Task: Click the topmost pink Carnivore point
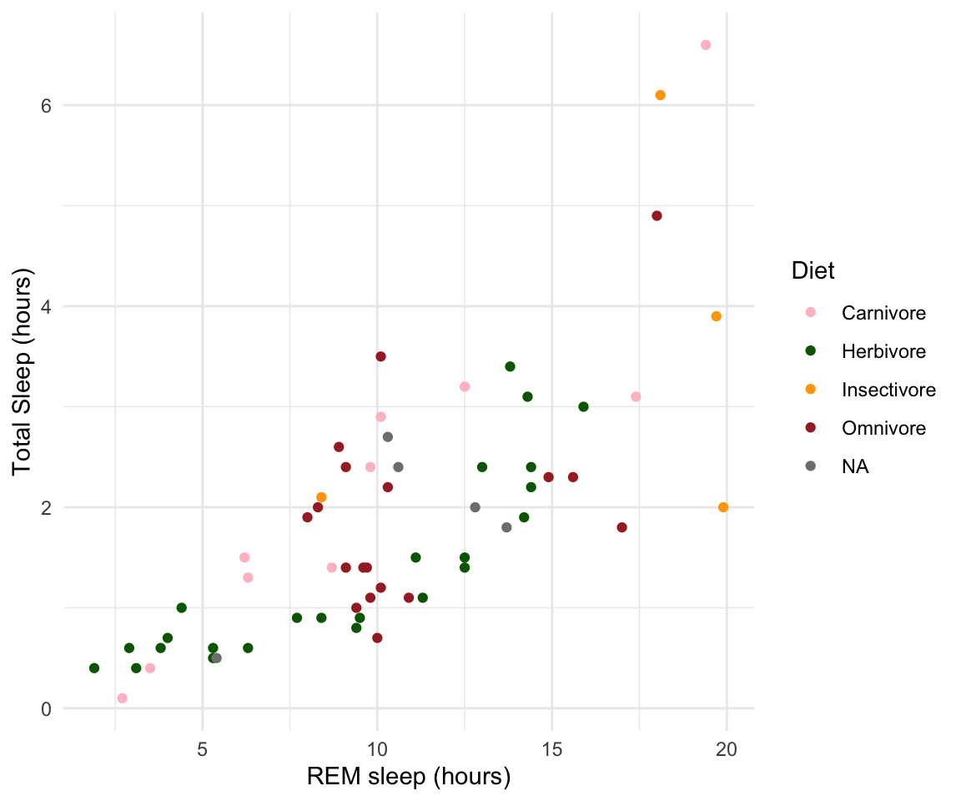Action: point(706,45)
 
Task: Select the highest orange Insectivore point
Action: point(661,95)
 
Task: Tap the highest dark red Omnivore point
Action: point(657,216)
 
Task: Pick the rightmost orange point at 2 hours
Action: point(723,507)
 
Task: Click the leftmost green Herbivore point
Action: point(94,668)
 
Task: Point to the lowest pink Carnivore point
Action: point(123,698)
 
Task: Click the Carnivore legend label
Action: point(883,314)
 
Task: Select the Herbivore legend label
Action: point(883,352)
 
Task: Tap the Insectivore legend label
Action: point(888,390)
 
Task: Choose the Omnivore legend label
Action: point(883,428)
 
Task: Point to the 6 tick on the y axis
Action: point(46,105)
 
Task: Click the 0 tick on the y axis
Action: point(46,708)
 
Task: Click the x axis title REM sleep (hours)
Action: point(409,777)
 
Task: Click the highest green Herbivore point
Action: point(510,366)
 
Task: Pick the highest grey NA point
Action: point(388,437)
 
